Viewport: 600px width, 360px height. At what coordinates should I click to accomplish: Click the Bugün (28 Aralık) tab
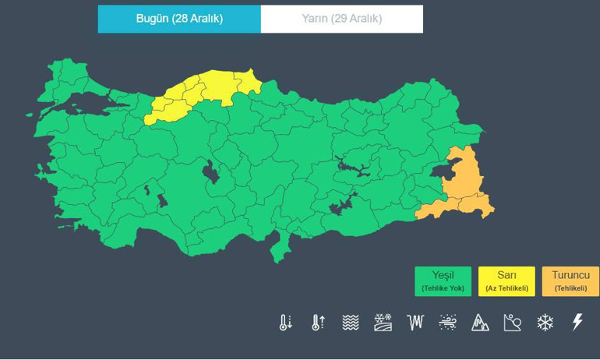coord(179,19)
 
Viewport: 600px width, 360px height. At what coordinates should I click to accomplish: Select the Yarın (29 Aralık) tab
coord(341,19)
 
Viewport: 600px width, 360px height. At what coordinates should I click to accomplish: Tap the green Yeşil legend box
coord(443,281)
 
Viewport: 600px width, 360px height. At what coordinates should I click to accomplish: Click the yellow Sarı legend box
coord(506,281)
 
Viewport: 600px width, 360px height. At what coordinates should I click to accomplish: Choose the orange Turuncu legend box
coord(570,281)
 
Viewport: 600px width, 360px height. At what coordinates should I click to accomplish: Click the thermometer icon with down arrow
coord(286,323)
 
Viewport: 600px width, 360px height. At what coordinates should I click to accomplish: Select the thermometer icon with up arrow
coord(318,323)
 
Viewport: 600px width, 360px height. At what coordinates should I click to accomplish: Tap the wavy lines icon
coord(351,323)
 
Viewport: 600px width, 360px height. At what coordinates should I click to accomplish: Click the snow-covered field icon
coord(383,323)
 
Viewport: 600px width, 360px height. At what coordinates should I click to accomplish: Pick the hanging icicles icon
coord(415,323)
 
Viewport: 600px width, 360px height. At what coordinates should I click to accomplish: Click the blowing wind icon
coord(447,323)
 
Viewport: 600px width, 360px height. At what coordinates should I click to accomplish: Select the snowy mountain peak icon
coord(480,323)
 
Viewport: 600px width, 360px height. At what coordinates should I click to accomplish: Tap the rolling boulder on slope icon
coord(512,323)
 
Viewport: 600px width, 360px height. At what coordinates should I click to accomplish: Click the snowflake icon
coord(545,323)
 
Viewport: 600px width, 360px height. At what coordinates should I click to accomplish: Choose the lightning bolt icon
coord(577,323)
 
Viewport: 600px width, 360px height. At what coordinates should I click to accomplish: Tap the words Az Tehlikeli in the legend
coord(506,288)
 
